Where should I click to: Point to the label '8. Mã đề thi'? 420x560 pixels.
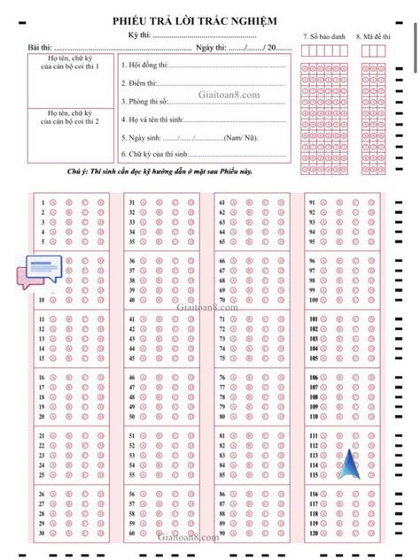[x=373, y=37]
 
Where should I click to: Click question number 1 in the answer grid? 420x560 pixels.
[x=43, y=203]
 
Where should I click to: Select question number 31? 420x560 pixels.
[x=131, y=203]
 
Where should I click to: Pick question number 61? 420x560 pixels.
[x=220, y=203]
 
